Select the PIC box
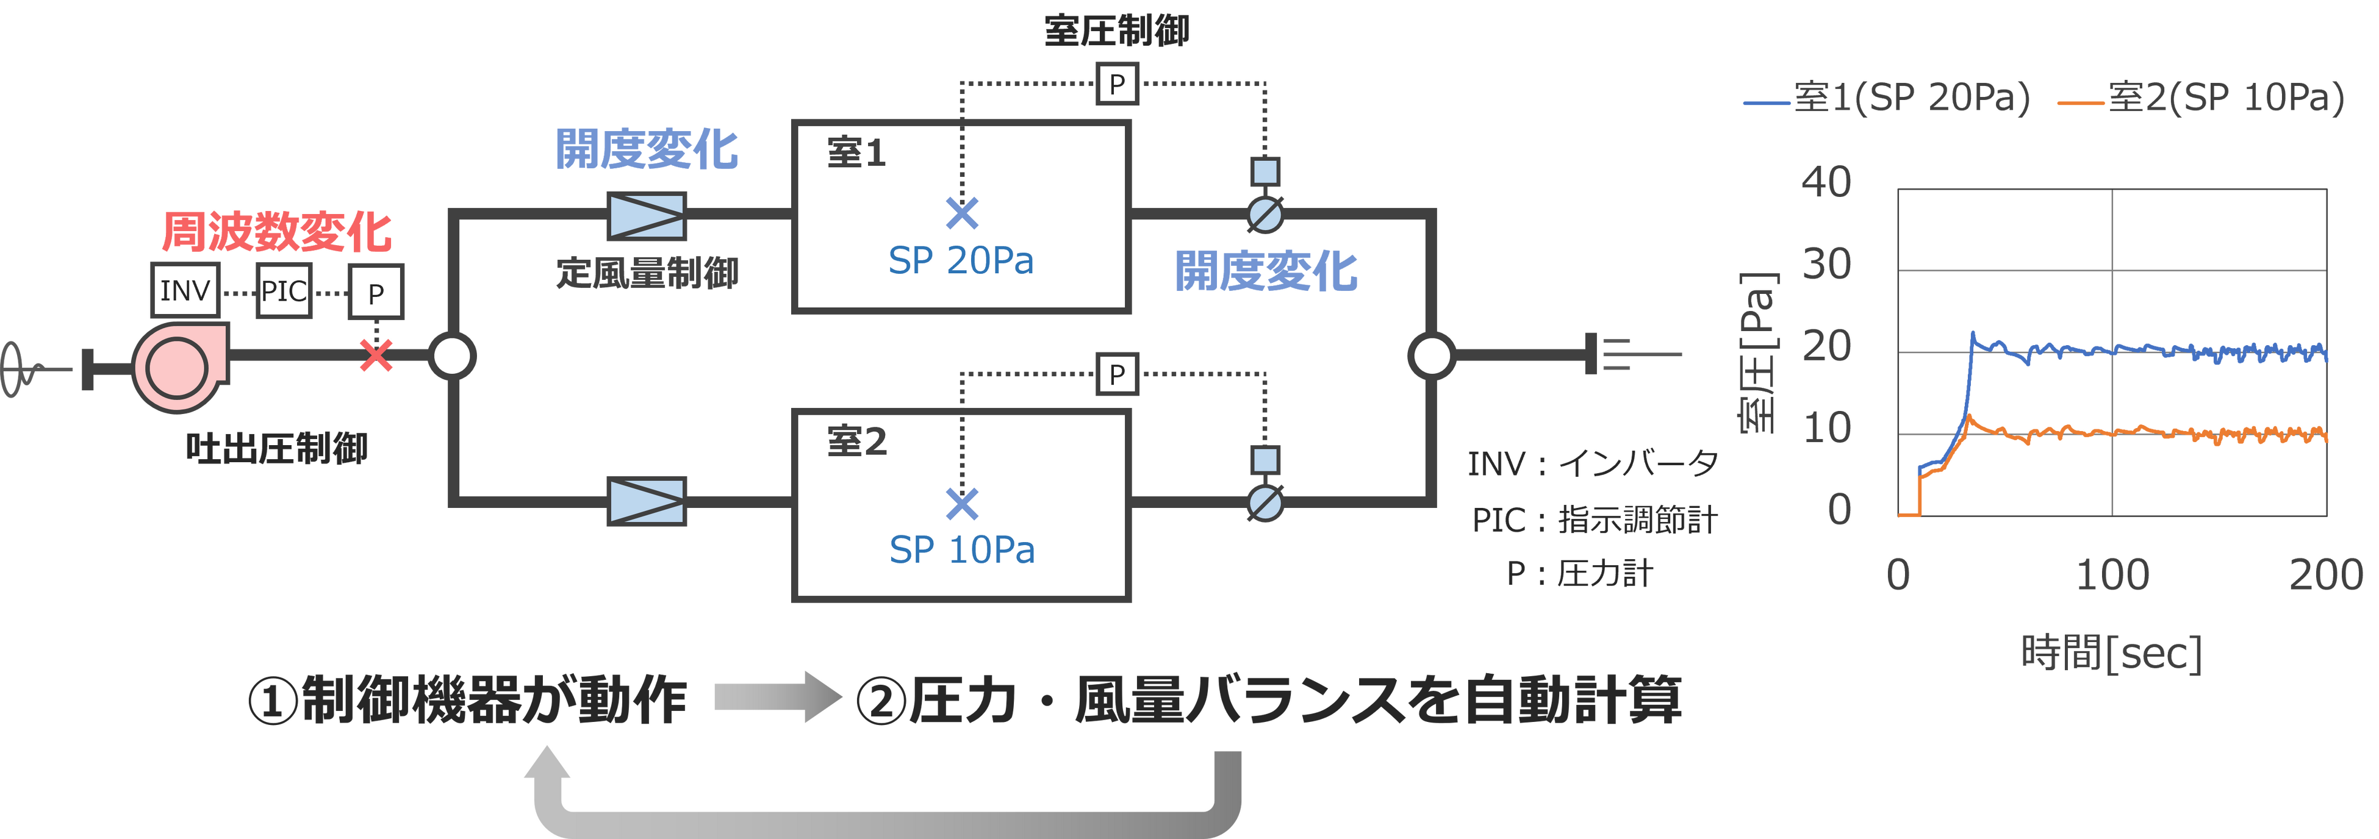284,291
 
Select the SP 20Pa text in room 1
961,261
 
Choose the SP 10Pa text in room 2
961,550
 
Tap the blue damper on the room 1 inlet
647,215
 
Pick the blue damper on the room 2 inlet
647,501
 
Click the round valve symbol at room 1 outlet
1265,216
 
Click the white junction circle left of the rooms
453,355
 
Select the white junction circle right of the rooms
1432,355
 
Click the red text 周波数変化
276,232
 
